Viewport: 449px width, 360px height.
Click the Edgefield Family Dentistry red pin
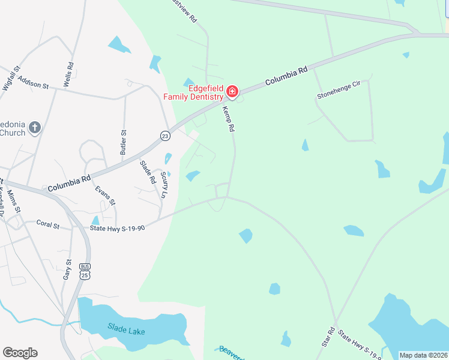click(x=232, y=92)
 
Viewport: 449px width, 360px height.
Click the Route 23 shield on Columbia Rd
click(x=165, y=136)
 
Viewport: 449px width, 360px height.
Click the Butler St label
click(x=124, y=142)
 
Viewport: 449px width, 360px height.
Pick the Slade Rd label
click(x=148, y=172)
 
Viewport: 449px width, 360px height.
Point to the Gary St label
click(x=67, y=269)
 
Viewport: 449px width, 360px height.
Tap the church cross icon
click(x=35, y=127)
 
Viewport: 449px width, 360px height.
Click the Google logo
click(x=20, y=353)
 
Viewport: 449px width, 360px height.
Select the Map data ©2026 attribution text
click(x=423, y=355)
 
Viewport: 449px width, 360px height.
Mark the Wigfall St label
click(x=11, y=77)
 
